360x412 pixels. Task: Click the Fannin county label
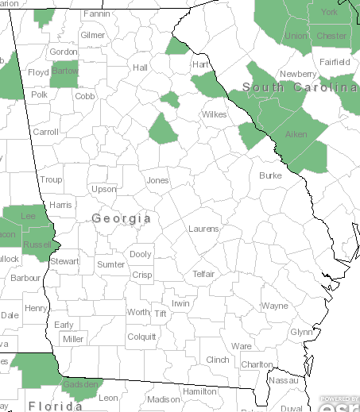[96, 14]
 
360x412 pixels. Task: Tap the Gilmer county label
[92, 35]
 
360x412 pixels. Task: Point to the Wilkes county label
[215, 114]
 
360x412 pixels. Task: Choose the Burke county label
[270, 175]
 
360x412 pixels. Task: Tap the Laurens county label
[203, 229]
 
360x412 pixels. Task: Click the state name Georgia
[122, 218]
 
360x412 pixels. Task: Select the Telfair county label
[203, 274]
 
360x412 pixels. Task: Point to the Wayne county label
[275, 306]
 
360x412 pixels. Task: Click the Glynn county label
[301, 332]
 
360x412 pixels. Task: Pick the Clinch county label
[218, 360]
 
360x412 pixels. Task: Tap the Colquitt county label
[141, 336]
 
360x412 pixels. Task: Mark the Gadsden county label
[80, 384]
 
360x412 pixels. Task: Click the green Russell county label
[36, 245]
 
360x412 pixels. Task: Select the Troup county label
[51, 180]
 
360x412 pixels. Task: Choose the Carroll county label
[46, 132]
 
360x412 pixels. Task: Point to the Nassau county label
[284, 381]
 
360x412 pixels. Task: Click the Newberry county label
[298, 75]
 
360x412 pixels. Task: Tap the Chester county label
[331, 36]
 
